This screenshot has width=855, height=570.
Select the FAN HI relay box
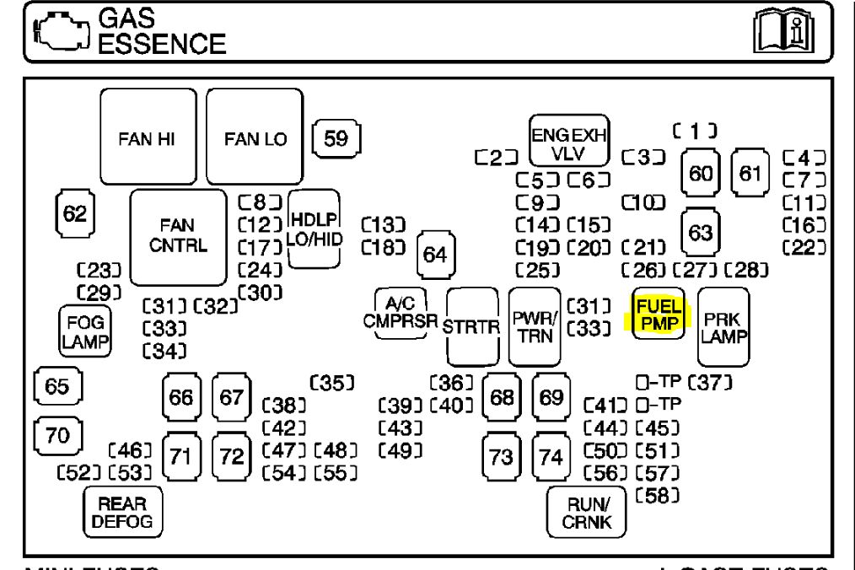point(153,137)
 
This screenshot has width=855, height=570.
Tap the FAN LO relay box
point(255,137)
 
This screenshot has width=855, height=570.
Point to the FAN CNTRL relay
point(178,237)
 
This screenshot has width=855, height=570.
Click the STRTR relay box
point(473,327)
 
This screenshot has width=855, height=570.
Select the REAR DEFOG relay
point(122,511)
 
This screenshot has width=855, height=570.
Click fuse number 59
point(336,137)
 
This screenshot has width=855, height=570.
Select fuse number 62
point(75,212)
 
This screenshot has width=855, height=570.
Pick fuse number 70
point(56,436)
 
